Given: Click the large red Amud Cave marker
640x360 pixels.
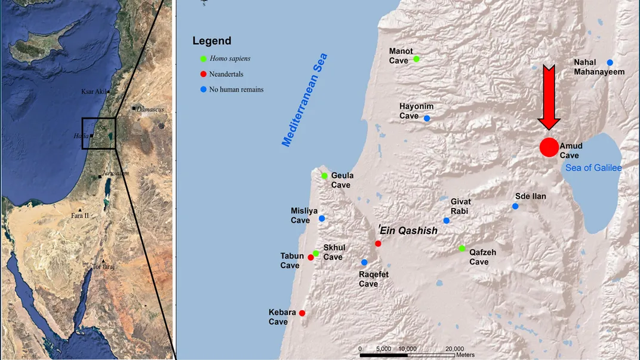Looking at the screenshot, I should pyautogui.click(x=549, y=147).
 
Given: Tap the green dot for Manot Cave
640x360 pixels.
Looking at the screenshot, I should pyautogui.click(x=416, y=59).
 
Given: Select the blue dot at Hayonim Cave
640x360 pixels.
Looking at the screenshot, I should pyautogui.click(x=427, y=118).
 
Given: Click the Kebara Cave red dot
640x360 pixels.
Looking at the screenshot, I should pyautogui.click(x=302, y=313).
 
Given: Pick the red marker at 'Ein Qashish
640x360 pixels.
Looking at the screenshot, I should pyautogui.click(x=378, y=244).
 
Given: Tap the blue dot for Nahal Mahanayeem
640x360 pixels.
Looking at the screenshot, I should pyautogui.click(x=610, y=63).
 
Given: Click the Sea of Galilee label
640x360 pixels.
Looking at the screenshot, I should pyautogui.click(x=593, y=168).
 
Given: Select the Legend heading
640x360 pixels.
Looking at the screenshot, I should pyautogui.click(x=211, y=41).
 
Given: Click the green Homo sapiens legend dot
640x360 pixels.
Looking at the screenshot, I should pyautogui.click(x=204, y=59).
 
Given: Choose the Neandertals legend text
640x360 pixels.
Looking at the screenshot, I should pyautogui.click(x=227, y=74).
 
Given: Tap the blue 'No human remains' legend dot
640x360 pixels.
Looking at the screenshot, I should pyautogui.click(x=204, y=90).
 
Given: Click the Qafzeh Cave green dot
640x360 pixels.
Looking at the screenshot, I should pyautogui.click(x=462, y=248).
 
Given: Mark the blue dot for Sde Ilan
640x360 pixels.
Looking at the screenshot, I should pyautogui.click(x=515, y=207).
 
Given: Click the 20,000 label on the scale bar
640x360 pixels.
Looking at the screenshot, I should pyautogui.click(x=455, y=349).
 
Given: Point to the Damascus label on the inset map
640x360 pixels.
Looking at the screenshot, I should pyautogui.click(x=150, y=109).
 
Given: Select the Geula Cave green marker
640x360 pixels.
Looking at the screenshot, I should pyautogui.click(x=324, y=176).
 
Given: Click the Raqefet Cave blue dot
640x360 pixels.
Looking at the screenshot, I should pyautogui.click(x=364, y=262).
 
